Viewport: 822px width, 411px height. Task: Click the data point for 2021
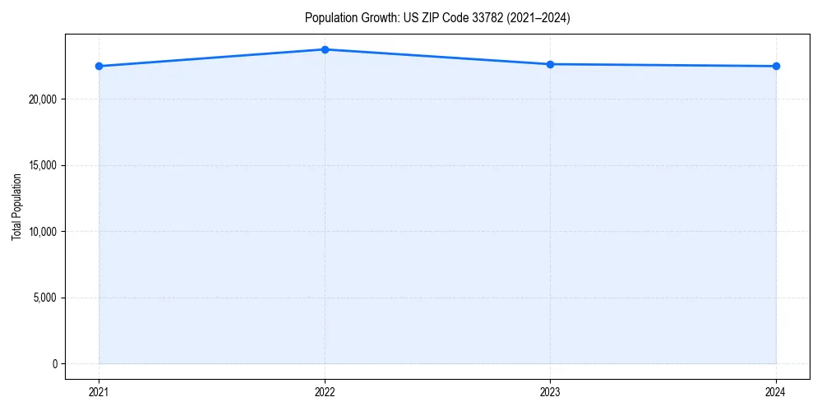99,66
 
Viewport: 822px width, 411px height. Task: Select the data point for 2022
325,49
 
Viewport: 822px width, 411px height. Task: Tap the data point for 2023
550,64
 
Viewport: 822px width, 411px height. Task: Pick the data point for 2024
776,66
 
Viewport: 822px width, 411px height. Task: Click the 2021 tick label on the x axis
99,392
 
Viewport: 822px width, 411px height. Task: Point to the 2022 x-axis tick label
325,392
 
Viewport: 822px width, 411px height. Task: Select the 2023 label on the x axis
550,392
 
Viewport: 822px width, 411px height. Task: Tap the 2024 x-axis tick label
776,392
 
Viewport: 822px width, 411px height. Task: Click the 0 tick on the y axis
55,363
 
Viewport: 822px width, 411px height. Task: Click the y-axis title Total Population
16,206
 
